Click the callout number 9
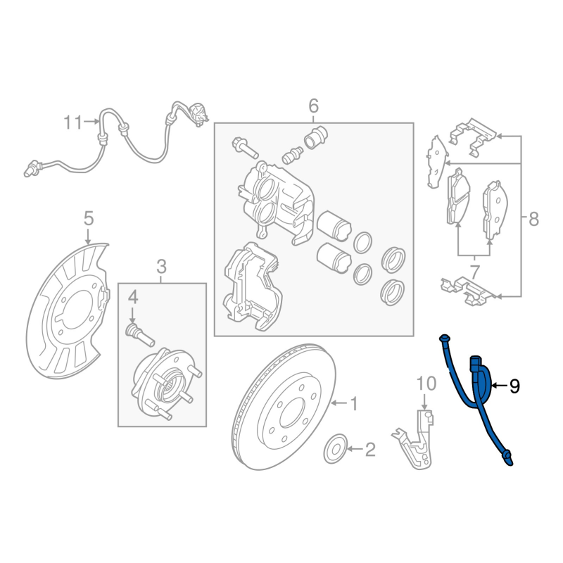point(514,386)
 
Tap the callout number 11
point(73,122)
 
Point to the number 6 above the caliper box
point(313,106)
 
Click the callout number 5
point(89,218)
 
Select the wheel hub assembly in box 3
point(166,382)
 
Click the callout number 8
point(533,218)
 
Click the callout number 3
point(162,267)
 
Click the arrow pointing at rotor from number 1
point(339,403)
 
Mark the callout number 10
point(426,384)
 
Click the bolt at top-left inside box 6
point(245,148)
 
